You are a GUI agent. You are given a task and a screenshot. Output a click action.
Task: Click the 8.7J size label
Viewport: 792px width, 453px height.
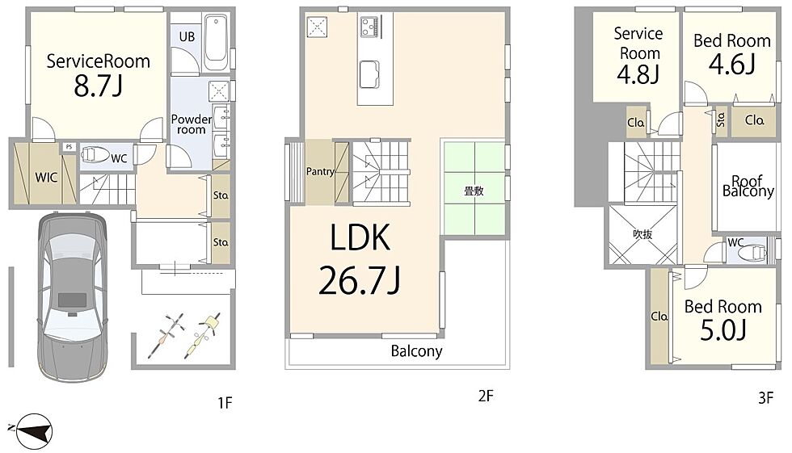coord(98,86)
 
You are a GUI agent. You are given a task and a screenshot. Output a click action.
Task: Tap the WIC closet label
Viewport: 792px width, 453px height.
coord(46,177)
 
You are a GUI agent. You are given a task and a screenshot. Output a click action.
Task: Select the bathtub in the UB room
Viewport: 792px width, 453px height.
coord(217,43)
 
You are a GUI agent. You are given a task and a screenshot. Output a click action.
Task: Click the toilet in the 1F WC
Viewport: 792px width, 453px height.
coord(95,154)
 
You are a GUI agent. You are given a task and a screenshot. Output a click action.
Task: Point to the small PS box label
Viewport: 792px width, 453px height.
coord(70,147)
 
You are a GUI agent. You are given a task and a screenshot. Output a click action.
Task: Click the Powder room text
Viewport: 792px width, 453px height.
coord(191,124)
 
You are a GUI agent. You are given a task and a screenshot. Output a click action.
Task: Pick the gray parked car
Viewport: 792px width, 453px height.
coord(73,297)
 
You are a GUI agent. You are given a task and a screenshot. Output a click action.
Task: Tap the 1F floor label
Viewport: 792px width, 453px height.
coord(225,403)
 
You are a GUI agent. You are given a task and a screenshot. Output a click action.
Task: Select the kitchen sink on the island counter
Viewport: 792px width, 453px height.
coord(369,74)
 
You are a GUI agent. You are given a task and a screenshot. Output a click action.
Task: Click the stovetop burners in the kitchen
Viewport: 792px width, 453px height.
coord(369,26)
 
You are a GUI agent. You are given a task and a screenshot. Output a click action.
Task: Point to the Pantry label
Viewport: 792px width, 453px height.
coord(320,171)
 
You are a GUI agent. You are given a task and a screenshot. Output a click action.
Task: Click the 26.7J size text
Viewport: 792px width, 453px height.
coord(359,280)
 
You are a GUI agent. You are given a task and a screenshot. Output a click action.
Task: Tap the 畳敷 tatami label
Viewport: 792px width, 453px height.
coord(474,191)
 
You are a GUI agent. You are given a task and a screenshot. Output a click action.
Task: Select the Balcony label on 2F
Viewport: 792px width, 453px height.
coord(417,350)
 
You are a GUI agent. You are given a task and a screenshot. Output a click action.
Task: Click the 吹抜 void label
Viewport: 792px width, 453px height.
coord(642,234)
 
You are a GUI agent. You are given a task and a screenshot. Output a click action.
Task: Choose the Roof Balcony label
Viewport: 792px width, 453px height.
coord(748,187)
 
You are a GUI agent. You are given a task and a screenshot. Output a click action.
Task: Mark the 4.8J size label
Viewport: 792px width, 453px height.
coord(638,74)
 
